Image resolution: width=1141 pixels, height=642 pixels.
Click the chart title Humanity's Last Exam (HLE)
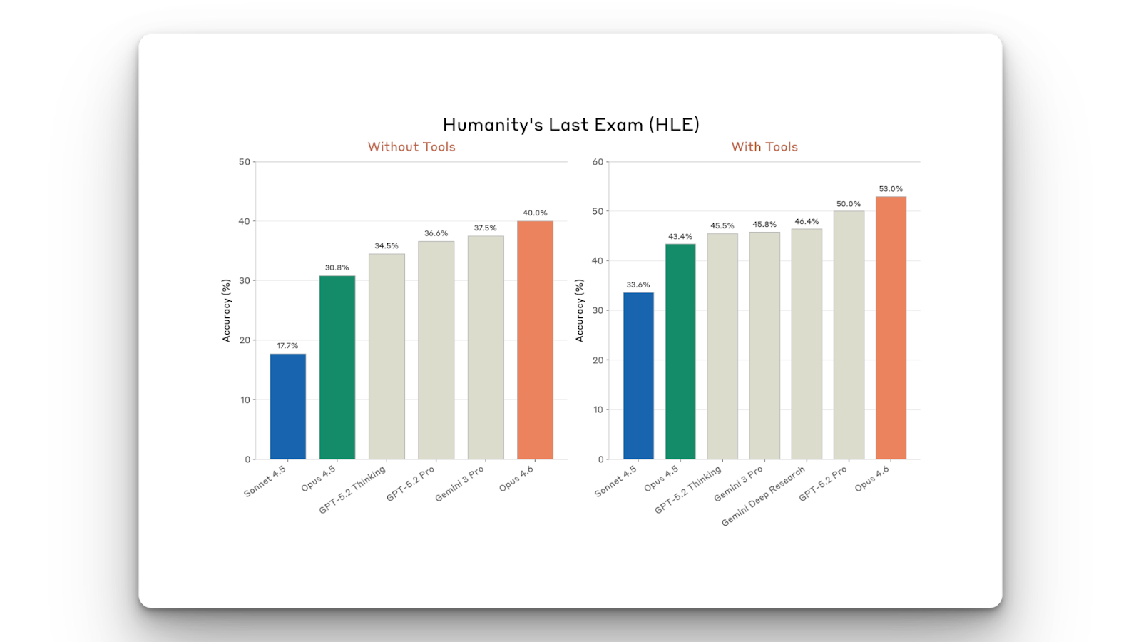pos(570,125)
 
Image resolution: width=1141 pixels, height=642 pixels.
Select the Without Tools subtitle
pos(411,147)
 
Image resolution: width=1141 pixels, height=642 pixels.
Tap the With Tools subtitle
pos(764,147)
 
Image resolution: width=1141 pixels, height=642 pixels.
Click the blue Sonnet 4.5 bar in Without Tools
pos(288,407)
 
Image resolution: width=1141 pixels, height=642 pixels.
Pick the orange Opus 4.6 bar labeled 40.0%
pos(535,340)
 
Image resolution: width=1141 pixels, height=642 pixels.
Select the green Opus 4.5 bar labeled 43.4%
pos(680,352)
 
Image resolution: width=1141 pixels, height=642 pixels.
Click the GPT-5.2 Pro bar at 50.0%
pos(849,335)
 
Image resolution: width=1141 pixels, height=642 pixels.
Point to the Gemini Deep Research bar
pos(807,344)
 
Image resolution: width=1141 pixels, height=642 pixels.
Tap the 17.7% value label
pos(288,346)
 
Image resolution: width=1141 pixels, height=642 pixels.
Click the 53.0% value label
pos(891,189)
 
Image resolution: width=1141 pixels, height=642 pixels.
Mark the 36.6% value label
pos(436,233)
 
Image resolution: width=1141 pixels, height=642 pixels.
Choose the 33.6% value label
pos(638,285)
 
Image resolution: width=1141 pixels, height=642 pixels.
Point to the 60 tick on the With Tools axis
pos(598,162)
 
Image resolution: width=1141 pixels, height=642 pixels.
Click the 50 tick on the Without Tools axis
pos(245,162)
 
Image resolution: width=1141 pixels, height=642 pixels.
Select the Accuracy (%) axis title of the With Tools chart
pos(580,310)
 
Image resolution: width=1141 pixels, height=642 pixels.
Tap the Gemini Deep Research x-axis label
pos(763,496)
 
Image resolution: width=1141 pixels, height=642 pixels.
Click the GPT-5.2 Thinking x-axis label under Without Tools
pos(352,489)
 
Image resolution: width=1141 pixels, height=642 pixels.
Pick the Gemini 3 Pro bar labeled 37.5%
pos(486,347)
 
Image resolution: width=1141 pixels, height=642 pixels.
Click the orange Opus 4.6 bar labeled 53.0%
pos(891,328)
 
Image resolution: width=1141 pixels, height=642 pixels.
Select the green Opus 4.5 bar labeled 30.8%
pos(337,367)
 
